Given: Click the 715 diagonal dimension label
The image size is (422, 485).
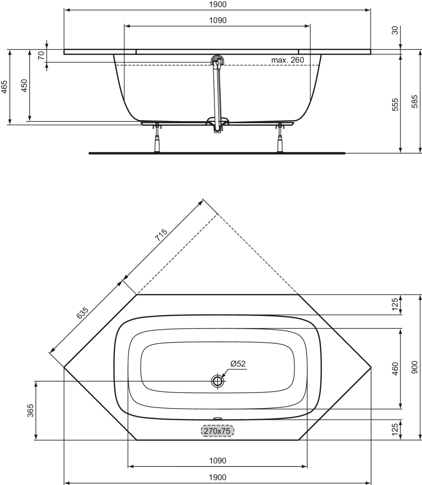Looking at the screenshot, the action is pos(161,235).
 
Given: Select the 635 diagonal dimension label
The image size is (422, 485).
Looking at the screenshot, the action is pos(82,313).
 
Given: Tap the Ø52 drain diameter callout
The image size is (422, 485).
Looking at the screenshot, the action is pos(238,363).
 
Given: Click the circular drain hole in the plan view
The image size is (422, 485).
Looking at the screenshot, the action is pos(217,381).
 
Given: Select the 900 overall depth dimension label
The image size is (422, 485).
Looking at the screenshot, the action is pos(414,367).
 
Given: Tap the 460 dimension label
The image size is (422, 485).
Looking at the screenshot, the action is pos(395,369).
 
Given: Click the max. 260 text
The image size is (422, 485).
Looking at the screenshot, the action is pos(287,60).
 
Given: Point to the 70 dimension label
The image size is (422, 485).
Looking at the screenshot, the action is pos(41,55).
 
